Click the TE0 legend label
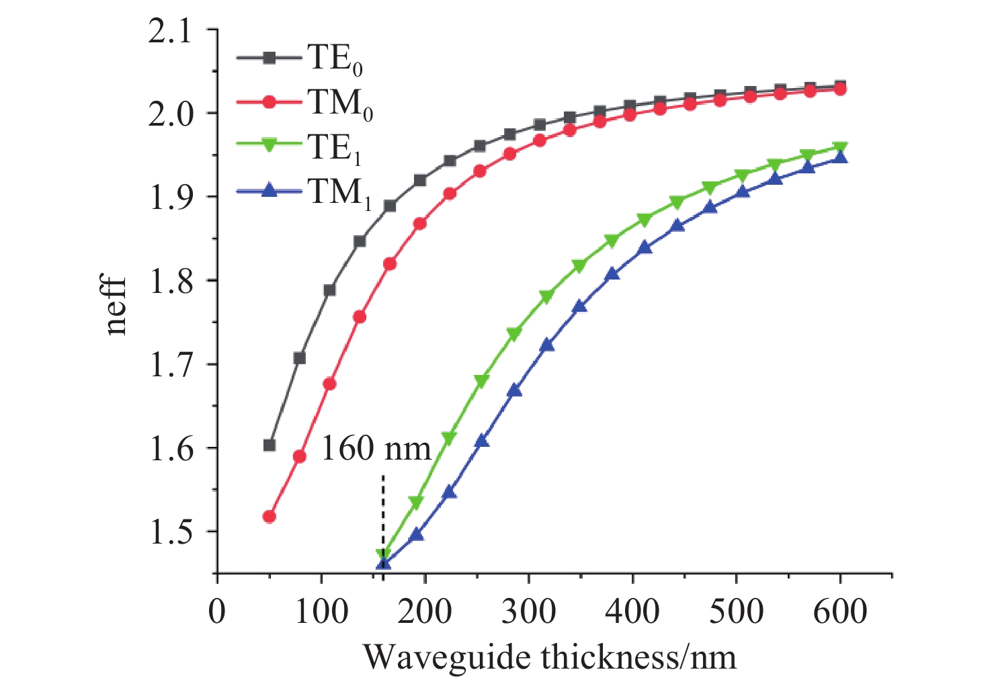pyautogui.click(x=335, y=59)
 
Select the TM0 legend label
pyautogui.click(x=340, y=103)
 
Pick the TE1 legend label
pyautogui.click(x=335, y=148)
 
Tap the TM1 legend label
pyautogui.click(x=339, y=193)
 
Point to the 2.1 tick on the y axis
pyautogui.click(x=177, y=31)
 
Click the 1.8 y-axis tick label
pyautogui.click(x=177, y=282)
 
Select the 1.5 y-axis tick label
pyautogui.click(x=177, y=533)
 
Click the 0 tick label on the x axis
pyautogui.click(x=216, y=612)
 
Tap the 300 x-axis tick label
pyautogui.click(x=529, y=612)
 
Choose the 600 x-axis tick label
pyautogui.click(x=840, y=612)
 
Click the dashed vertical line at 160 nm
pyautogui.click(x=383, y=511)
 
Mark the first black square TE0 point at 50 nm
pyautogui.click(x=270, y=445)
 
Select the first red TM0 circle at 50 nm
pyautogui.click(x=270, y=517)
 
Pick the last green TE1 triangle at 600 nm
pyautogui.click(x=840, y=147)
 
